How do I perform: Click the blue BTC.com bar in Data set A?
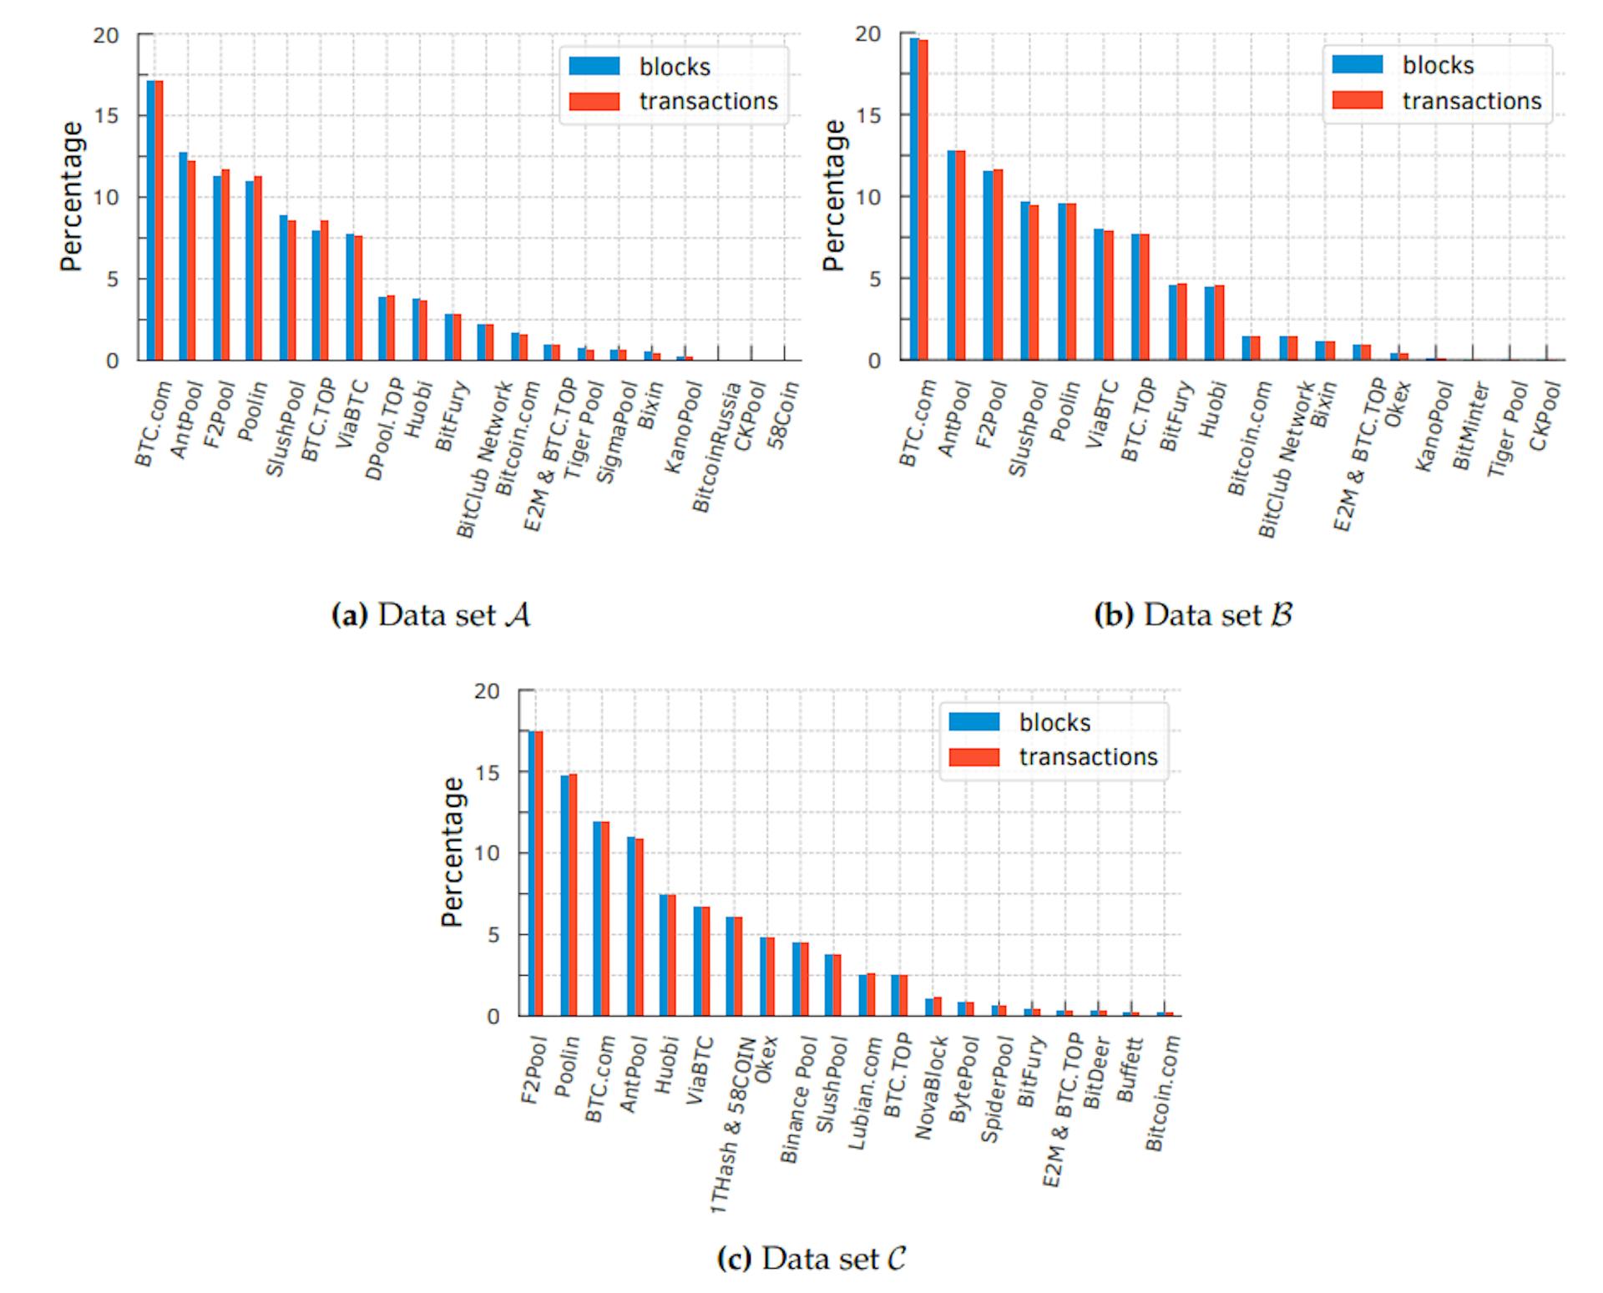point(150,220)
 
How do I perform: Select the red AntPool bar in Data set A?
point(191,260)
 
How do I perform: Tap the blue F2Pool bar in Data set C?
point(532,873)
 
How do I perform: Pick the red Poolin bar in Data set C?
point(573,895)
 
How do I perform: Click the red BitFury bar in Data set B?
point(1182,322)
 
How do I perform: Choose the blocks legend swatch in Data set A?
point(594,66)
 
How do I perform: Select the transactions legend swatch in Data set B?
point(1358,100)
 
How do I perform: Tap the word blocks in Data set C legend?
point(1054,722)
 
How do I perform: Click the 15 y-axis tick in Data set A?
point(106,116)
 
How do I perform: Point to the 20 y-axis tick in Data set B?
point(868,34)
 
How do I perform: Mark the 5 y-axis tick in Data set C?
point(493,935)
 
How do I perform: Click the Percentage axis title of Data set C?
point(452,851)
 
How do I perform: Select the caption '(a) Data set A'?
point(432,615)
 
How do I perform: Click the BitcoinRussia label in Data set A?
point(716,447)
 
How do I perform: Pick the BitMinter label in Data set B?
point(1470,427)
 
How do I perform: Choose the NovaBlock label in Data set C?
point(931,1088)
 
